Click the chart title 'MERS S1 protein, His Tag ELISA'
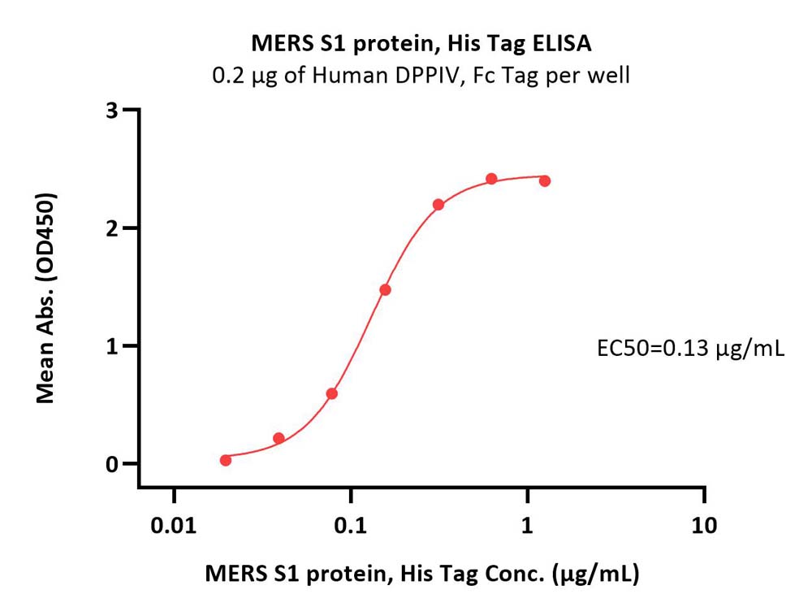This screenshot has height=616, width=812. pyautogui.click(x=421, y=44)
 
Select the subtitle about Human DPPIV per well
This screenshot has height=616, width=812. pyautogui.click(x=421, y=76)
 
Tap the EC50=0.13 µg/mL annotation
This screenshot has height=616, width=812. pyautogui.click(x=690, y=349)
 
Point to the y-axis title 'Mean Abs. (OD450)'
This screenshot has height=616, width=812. pyautogui.click(x=46, y=298)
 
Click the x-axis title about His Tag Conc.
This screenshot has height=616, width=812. pyautogui.click(x=422, y=574)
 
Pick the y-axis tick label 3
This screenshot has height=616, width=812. pyautogui.click(x=112, y=111)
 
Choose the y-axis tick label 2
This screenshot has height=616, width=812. pyautogui.click(x=112, y=228)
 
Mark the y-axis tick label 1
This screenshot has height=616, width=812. pyautogui.click(x=112, y=346)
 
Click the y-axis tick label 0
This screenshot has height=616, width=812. pyautogui.click(x=112, y=464)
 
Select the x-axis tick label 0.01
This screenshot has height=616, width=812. pyautogui.click(x=174, y=526)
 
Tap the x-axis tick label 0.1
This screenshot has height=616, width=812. pyautogui.click(x=351, y=526)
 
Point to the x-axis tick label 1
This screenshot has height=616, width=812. pyautogui.click(x=527, y=526)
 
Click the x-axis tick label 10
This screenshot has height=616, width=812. pyautogui.click(x=704, y=526)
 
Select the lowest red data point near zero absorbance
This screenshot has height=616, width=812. pyautogui.click(x=226, y=460)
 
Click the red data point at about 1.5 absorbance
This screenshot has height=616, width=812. pyautogui.click(x=385, y=289)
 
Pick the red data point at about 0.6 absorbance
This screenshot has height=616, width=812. pyautogui.click(x=332, y=394)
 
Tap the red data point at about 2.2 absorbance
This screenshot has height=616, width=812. pyautogui.click(x=438, y=205)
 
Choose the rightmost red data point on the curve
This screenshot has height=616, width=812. pyautogui.click(x=545, y=180)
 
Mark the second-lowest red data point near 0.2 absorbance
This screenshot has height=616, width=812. pyautogui.click(x=279, y=438)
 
